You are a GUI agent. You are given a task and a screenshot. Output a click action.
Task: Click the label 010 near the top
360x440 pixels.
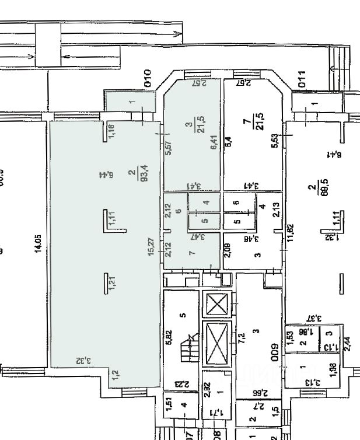tap(148, 78)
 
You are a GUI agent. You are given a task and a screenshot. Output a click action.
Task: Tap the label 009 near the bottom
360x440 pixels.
tap(272, 354)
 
